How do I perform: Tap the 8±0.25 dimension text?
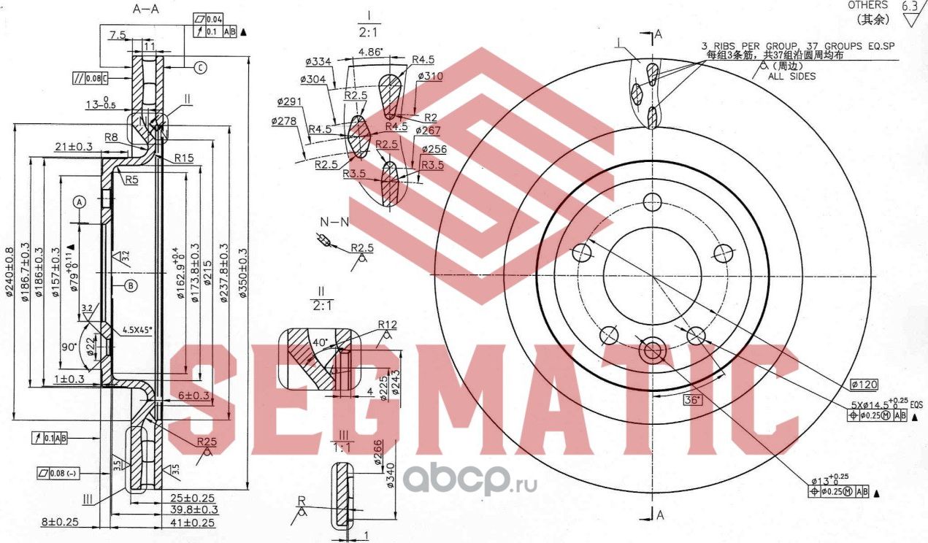coord(61,523)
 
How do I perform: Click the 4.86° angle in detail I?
coord(372,53)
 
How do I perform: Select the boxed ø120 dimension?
coord(864,384)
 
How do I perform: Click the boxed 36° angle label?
coord(691,400)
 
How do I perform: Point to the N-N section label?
coord(333,221)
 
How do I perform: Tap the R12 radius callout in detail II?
coord(387,324)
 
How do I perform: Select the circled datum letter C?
coord(200,68)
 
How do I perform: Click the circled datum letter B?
coord(130,285)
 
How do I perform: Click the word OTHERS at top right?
coord(867,5)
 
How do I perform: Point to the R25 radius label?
coord(207,442)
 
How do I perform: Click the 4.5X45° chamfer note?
coord(137,330)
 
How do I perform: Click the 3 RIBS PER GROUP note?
coord(797,45)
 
